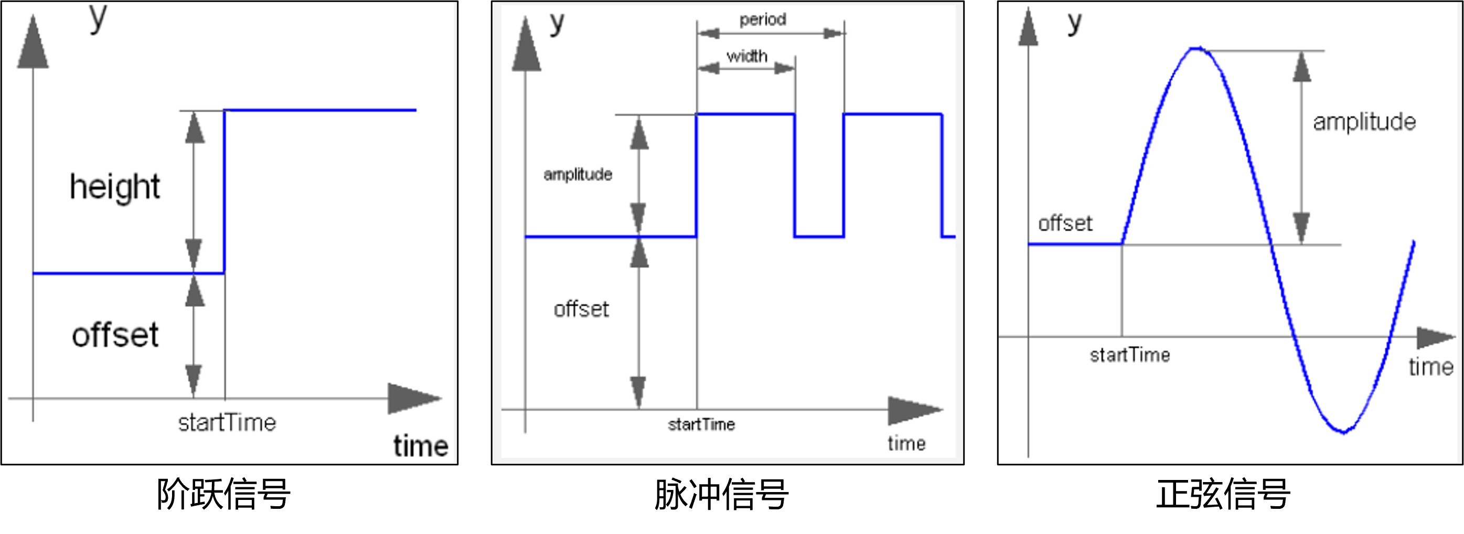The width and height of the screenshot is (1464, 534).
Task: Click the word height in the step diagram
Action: click(115, 187)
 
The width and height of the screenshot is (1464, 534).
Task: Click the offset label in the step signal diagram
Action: click(115, 335)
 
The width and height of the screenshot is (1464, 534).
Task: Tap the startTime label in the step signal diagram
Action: click(227, 423)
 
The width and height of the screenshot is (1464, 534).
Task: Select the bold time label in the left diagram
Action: click(421, 446)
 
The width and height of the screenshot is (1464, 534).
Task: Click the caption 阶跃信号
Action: click(223, 494)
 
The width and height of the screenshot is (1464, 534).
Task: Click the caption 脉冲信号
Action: click(721, 494)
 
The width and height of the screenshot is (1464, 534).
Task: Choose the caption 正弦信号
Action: click(1223, 494)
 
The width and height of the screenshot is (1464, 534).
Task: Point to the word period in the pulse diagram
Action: click(763, 20)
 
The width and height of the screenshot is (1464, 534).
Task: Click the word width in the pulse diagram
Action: click(747, 56)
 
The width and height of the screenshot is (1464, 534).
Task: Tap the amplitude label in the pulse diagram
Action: click(578, 174)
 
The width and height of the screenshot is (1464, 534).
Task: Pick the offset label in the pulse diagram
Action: click(581, 309)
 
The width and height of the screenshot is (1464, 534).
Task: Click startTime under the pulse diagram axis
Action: click(701, 424)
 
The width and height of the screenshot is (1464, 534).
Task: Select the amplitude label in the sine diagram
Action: click(1364, 122)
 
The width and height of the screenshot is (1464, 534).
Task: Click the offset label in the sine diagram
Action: click(1065, 223)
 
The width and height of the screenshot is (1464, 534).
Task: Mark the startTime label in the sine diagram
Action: click(1130, 355)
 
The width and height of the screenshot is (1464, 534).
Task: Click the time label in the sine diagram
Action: click(1431, 367)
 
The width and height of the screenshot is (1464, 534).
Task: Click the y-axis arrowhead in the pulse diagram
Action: click(526, 44)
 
